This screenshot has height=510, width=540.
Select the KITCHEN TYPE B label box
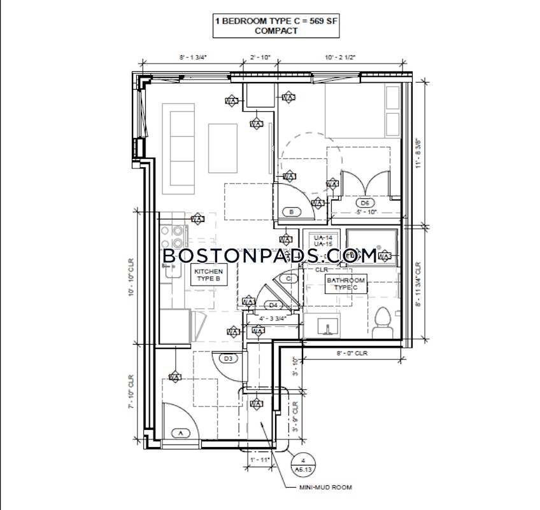208,275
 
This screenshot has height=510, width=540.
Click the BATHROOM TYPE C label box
346,284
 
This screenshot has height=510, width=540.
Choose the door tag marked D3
229,359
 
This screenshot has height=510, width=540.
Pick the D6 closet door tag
365,203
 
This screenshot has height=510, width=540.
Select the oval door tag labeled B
291,211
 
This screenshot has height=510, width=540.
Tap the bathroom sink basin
329,326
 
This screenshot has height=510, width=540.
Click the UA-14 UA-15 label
320,240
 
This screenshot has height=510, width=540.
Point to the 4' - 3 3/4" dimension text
272,319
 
